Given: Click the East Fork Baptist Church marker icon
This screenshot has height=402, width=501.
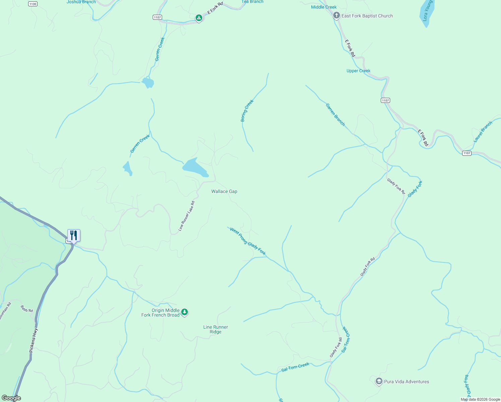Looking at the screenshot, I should pos(336,16).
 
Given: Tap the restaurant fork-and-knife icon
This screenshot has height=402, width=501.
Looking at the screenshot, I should pos(74,235).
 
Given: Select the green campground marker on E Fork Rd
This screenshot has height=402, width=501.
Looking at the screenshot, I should pos(199,18).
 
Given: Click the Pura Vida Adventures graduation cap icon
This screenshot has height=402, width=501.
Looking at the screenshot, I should pos(379,382).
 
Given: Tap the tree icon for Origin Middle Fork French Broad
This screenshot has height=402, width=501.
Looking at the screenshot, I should pos(184,312).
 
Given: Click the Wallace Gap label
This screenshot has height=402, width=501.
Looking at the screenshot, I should pos(224,192).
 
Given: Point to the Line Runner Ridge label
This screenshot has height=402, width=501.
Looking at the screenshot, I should pos(215,329).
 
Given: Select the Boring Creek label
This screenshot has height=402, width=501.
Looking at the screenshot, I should pos(247,111).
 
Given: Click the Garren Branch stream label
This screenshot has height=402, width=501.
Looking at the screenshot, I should pos(335,115).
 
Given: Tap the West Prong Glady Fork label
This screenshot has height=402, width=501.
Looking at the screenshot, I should pos(248,242).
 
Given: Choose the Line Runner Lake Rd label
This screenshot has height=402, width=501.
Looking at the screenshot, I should pos(186,216).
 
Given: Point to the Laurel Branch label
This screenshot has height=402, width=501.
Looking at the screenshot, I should pos(483,132).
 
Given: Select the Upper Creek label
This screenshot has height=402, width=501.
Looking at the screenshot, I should pos(358,71).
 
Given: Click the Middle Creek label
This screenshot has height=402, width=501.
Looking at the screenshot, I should pos(324,7).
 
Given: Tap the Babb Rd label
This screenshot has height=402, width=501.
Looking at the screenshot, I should pos(27,309).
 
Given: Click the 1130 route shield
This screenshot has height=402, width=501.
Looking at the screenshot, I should pos(32,4).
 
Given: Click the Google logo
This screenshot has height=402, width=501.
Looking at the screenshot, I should pos(11,398).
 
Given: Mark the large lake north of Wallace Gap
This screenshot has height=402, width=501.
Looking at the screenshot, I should pos(195,167).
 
